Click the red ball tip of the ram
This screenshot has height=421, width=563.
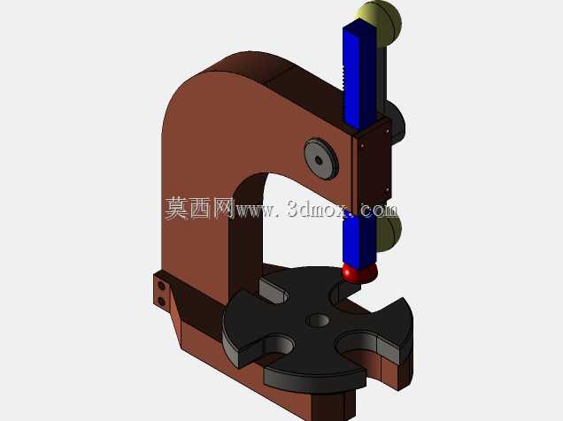pyautogui.click(x=359, y=272)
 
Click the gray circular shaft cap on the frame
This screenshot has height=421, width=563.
pyautogui.click(x=321, y=158)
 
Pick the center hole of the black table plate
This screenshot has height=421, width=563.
pyautogui.click(x=318, y=320)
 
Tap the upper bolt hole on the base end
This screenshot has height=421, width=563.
pyautogui.click(x=162, y=287)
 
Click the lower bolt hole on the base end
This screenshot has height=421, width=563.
pyautogui.click(x=162, y=301)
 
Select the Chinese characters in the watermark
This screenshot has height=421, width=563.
pyautogui.click(x=199, y=208)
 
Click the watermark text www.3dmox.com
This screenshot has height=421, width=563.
pyautogui.click(x=316, y=209)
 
